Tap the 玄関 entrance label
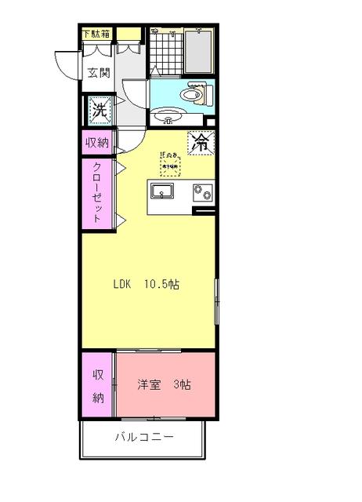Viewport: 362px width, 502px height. coord(98,74)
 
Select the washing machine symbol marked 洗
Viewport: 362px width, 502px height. coord(100,110)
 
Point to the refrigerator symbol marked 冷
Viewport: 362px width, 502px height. coord(201,144)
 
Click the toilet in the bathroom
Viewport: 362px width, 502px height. coord(192,96)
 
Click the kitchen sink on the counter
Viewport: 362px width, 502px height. coord(166,192)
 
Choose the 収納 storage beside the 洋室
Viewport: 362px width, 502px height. coord(98,386)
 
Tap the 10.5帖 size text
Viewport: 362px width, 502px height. coord(161,284)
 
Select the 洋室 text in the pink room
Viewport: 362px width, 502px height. coord(149,385)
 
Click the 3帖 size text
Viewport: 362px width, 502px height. coord(183,385)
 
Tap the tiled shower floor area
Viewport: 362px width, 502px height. coord(164,52)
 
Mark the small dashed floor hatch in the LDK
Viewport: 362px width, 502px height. coord(170,163)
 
